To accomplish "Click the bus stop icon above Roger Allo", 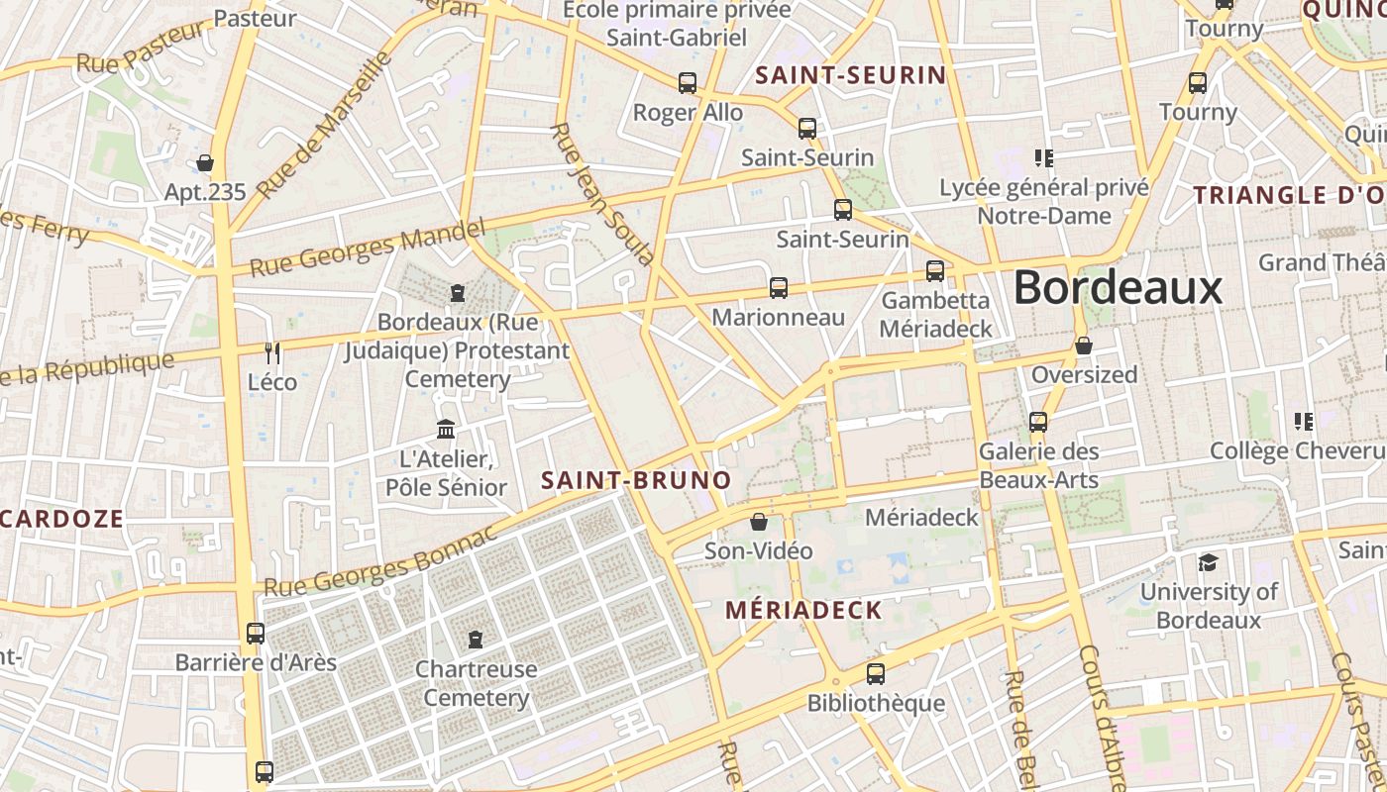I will click(x=688, y=83).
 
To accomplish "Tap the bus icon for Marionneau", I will click(x=779, y=288).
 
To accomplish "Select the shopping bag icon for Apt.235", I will click(x=205, y=162).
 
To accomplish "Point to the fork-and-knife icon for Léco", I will click(x=272, y=352).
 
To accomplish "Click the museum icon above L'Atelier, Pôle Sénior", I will click(x=446, y=430).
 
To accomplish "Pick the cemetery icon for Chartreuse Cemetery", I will click(x=476, y=639).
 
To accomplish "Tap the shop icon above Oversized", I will click(x=1084, y=346).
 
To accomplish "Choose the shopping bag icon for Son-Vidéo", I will click(x=759, y=522).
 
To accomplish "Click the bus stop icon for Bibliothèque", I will click(x=876, y=674).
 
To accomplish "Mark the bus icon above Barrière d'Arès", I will click(x=255, y=633).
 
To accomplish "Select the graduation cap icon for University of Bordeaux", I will click(x=1208, y=563).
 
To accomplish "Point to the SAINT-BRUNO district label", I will click(x=636, y=481).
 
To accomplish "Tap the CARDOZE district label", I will click(x=62, y=519).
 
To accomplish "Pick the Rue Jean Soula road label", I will click(x=601, y=194).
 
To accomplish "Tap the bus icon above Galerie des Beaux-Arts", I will click(x=1038, y=422).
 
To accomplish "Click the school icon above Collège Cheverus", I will click(x=1304, y=422).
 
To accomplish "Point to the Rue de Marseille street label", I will click(x=324, y=126).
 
